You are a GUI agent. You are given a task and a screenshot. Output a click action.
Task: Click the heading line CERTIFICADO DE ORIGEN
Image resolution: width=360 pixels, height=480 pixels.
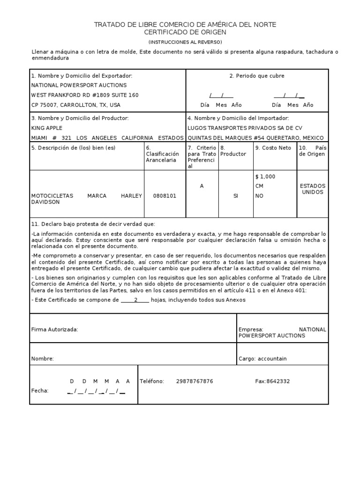pos(185,32)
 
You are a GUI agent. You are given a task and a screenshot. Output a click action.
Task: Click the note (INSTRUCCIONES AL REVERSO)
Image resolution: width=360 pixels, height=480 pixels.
pos(185,42)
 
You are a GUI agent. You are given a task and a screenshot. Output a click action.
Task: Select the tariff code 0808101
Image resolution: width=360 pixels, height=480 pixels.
pos(165,196)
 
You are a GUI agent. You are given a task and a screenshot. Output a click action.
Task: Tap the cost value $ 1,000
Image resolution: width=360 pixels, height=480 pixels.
pos(265,177)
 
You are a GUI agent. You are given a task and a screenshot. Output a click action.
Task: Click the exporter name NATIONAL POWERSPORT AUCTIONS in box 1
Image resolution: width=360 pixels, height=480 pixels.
pos(79,85)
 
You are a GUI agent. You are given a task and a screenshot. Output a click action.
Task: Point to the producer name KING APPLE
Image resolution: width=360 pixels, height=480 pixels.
pos(46,127)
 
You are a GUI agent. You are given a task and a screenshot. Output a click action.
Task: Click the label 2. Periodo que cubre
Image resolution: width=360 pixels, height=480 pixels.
pos(257,76)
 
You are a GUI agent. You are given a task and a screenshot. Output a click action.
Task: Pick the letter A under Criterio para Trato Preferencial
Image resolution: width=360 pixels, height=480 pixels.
pos(202,186)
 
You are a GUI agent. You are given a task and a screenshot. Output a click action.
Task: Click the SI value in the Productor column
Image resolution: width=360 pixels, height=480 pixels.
pos(236,196)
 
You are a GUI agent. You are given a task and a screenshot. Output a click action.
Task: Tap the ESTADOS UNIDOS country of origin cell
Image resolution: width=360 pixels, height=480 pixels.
pos(313,189)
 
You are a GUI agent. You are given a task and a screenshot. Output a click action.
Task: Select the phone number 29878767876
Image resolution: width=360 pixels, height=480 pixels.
pos(195,381)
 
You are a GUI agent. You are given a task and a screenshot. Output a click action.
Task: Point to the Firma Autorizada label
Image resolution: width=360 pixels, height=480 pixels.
pos(54,330)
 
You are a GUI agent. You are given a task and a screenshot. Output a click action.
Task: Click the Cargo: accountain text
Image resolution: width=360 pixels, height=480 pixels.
pos(262,359)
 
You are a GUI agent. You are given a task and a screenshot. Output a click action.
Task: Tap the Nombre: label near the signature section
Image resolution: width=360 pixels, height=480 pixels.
pos(43,359)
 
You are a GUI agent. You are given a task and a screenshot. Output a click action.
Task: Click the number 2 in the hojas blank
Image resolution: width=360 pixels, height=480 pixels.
pos(135,300)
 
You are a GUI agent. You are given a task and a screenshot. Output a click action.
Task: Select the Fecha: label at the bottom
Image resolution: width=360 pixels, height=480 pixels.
pos(40,390)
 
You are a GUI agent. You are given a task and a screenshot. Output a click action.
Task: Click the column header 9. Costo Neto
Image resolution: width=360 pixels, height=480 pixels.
pos(273,148)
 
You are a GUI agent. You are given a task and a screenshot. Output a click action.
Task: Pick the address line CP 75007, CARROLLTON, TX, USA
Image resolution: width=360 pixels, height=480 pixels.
pos(75,105)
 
